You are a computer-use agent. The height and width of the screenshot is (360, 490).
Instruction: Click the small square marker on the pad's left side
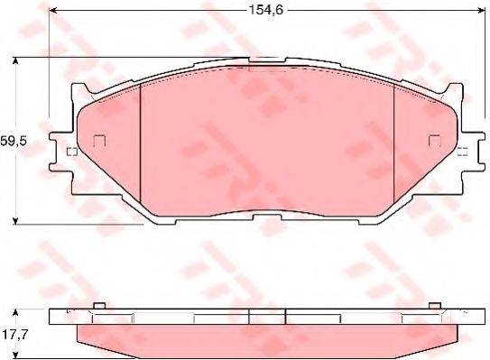pos(99,140)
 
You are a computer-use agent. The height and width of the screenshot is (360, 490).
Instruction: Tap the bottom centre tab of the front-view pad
pos(269,220)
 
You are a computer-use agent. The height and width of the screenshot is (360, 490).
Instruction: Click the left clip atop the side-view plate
pos(99,306)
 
